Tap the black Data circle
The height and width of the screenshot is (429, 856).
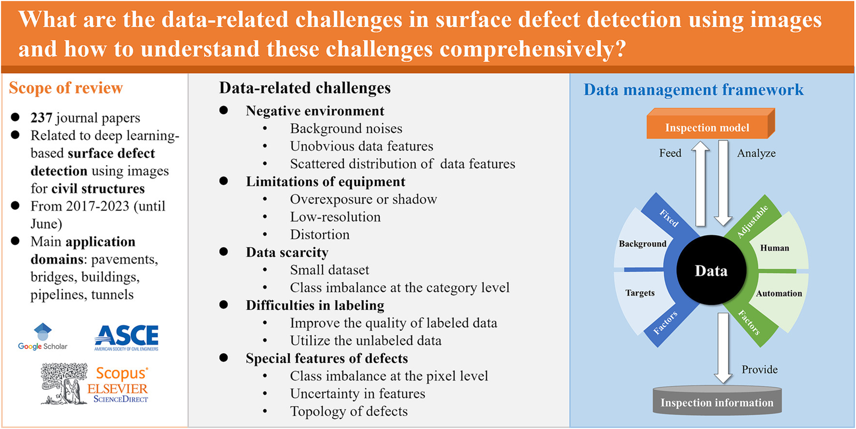point(711,270)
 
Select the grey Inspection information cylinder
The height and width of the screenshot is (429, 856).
point(717,401)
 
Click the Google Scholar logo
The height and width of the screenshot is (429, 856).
point(43,337)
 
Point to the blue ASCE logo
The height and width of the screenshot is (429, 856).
point(127,337)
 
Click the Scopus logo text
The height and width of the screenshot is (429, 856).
point(122,374)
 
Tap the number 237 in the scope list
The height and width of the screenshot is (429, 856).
point(41,117)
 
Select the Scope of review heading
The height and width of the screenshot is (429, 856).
point(66,88)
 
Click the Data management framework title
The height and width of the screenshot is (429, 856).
point(694,90)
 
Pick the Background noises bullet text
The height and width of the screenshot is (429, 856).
point(346,128)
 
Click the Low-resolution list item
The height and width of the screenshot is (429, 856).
point(335,217)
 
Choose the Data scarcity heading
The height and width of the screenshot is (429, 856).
point(287,252)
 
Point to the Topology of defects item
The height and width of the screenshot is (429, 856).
point(349,411)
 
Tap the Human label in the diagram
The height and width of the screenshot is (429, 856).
point(775,248)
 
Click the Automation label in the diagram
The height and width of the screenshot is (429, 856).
point(779,293)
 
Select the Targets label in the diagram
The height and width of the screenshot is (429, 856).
point(640,293)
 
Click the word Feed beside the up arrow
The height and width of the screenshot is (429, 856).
point(671,153)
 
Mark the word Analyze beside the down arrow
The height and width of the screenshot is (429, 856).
point(756,153)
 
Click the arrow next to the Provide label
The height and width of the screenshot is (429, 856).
point(723,347)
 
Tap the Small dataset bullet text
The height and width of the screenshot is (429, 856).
point(329,270)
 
